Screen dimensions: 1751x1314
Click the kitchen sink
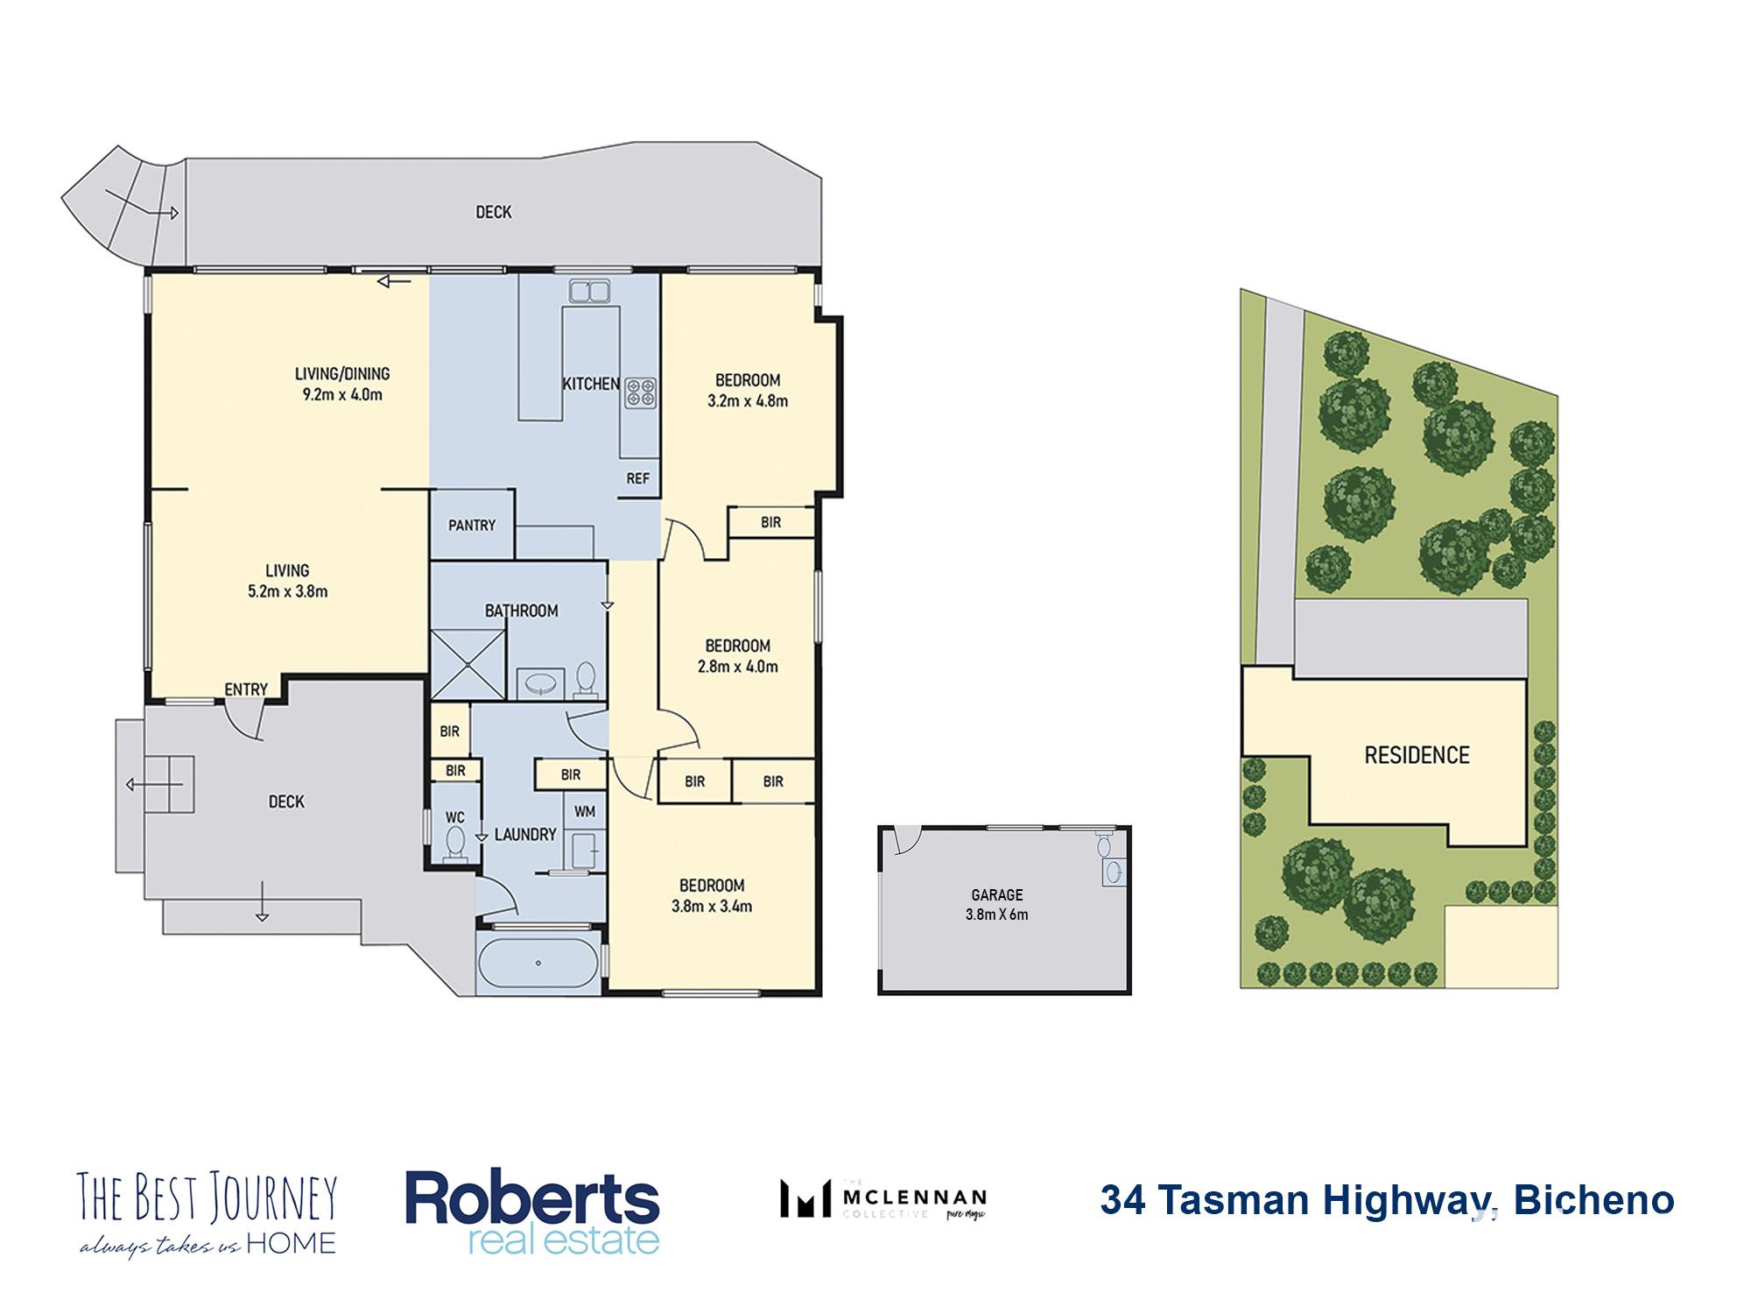pos(589,291)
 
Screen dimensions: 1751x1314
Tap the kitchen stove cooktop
pos(641,392)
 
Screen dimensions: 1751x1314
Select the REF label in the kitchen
pos(638,478)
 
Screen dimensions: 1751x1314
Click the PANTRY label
pos(472,525)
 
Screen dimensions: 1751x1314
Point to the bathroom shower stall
pos(468,665)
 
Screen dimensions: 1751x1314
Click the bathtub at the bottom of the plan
pos(538,963)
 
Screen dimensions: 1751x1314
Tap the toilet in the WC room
pos(455,845)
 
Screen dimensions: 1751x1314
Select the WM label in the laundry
pos(585,811)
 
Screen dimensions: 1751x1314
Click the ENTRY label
pos(246,689)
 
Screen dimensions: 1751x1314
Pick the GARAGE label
pos(997,894)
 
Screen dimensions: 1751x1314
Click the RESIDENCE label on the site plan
pos(1417,755)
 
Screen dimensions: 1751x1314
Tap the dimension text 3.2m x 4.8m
pos(748,401)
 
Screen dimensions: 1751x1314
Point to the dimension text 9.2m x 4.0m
pos(342,394)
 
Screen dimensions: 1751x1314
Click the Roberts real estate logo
pos(532,1213)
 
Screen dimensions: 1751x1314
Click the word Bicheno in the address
pos(1593,1200)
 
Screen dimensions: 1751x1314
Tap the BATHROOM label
pos(522,611)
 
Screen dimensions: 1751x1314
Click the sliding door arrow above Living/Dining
pos(394,281)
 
